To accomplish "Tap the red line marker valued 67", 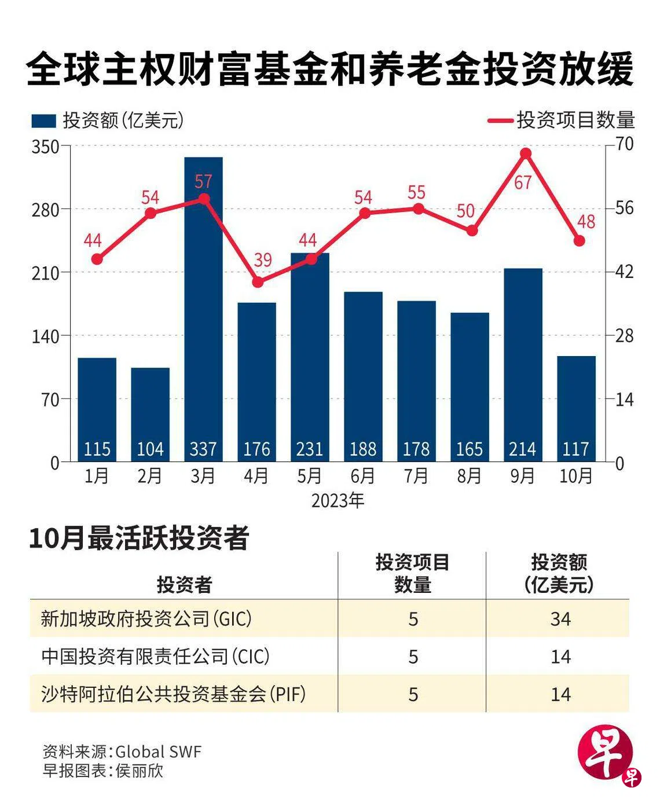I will [x=526, y=154].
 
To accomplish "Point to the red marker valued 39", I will [x=258, y=283].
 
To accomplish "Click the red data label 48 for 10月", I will [x=586, y=222].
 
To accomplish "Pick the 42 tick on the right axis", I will [x=624, y=272].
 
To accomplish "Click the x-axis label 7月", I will [x=416, y=476].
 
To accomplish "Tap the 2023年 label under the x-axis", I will [x=338, y=500].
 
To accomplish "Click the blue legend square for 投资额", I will [x=43, y=120].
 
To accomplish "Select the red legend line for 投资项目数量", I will [x=500, y=120].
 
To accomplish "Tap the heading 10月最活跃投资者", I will [x=139, y=538].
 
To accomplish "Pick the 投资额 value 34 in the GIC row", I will [x=560, y=619].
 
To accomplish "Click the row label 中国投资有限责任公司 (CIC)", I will [x=155, y=657].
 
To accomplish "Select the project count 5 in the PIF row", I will [x=413, y=694].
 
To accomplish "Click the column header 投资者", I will [x=184, y=585].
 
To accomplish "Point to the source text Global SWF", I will [x=158, y=752].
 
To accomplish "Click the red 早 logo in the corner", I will [x=606, y=753].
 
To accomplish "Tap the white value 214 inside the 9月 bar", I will [x=522, y=449].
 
